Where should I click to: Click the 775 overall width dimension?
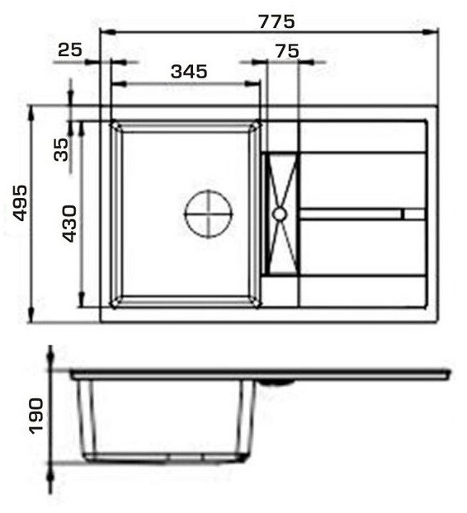(277, 22)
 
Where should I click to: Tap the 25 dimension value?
(69, 50)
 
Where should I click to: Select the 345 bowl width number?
(189, 71)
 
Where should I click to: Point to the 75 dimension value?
(287, 51)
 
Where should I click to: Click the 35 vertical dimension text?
(61, 149)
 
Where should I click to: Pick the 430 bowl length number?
(69, 224)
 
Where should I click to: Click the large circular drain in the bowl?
(209, 214)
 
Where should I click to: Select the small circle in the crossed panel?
(280, 214)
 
